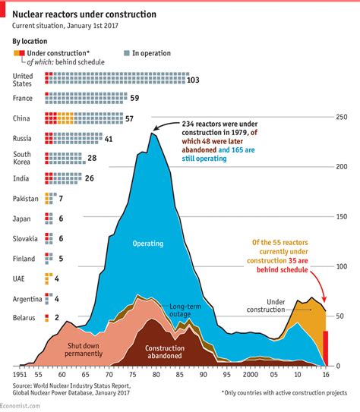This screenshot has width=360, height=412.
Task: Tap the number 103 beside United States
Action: click(x=193, y=80)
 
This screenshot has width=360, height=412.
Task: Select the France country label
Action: click(x=24, y=99)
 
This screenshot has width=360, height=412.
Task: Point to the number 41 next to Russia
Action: click(x=109, y=139)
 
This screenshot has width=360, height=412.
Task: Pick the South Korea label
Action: click(x=24, y=159)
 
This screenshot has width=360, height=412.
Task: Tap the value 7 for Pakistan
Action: click(x=61, y=199)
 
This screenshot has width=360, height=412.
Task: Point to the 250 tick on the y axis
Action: click(x=341, y=116)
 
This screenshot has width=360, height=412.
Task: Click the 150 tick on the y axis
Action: click(x=341, y=216)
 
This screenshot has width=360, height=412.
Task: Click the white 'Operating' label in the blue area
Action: click(x=148, y=244)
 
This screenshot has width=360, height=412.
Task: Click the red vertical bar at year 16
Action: click(x=327, y=348)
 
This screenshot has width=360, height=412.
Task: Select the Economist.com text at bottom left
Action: click(x=24, y=406)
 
